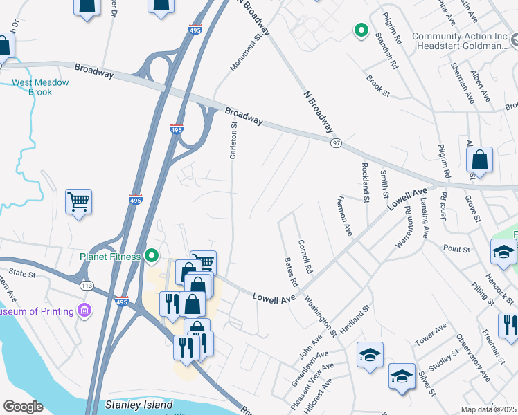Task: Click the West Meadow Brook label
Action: [40, 87]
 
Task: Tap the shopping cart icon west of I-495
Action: [78, 202]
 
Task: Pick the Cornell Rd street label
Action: [305, 256]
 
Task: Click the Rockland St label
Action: [365, 177]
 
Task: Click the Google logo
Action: [23, 407]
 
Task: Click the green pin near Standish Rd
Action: [360, 30]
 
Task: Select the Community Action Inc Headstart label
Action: [459, 41]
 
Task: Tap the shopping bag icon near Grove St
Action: [479, 160]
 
